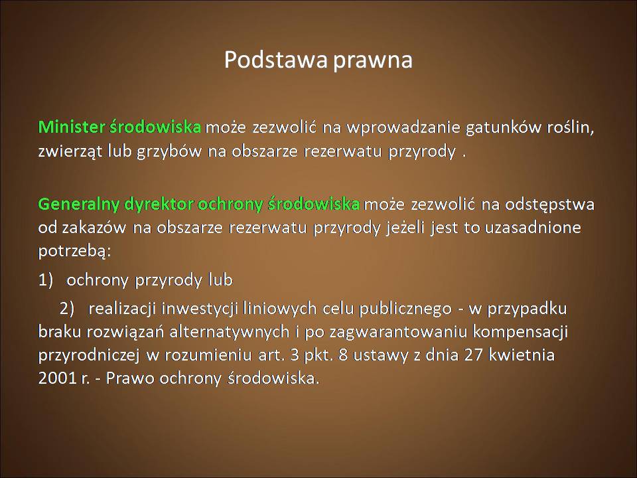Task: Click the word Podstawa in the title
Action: click(276, 59)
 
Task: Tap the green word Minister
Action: click(72, 127)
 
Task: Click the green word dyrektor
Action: click(159, 204)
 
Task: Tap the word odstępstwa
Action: click(549, 204)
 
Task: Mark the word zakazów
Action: click(94, 228)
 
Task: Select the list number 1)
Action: click(46, 279)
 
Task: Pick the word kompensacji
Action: click(520, 333)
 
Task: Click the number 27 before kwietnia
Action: click(473, 355)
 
